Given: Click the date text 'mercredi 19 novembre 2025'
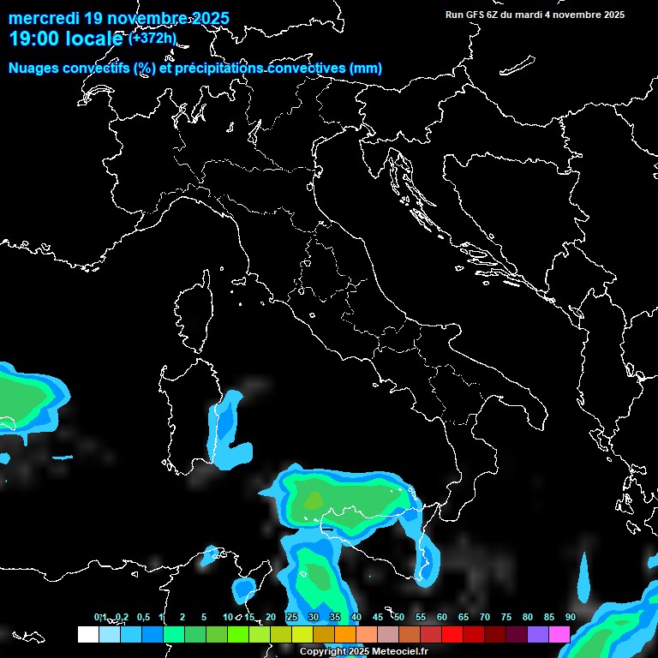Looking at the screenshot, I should tap(118, 18).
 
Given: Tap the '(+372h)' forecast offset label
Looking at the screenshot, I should tap(153, 38).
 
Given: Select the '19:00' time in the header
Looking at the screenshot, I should tap(32, 39).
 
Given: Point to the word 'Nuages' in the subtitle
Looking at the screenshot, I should tap(33, 68).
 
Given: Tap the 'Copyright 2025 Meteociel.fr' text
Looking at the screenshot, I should tap(363, 652).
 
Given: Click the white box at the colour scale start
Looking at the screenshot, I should tap(87, 634).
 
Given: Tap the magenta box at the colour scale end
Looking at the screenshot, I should tap(559, 634).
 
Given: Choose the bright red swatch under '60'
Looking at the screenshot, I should tap(452, 634).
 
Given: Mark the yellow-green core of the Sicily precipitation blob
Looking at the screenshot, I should tap(314, 499).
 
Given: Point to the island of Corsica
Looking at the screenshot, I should tap(193, 313).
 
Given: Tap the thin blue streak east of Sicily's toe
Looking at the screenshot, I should tap(583, 576).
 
